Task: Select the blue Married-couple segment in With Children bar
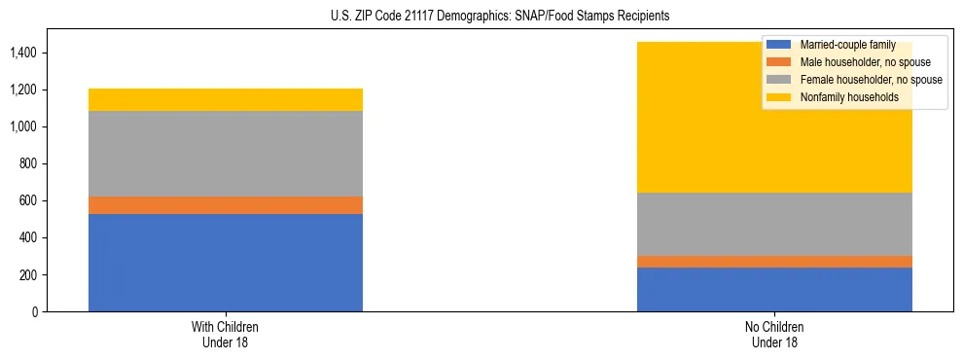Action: tap(226, 263)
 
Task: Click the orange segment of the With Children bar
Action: tap(226, 205)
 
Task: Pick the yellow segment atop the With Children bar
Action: tap(226, 99)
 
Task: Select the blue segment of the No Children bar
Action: tap(774, 289)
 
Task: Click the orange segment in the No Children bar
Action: tap(774, 262)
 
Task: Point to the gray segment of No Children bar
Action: tap(774, 224)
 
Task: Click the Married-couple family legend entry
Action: tap(842, 45)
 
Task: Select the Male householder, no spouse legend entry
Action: tap(856, 62)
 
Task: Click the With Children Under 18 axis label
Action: tap(226, 334)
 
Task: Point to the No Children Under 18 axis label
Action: tap(774, 334)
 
